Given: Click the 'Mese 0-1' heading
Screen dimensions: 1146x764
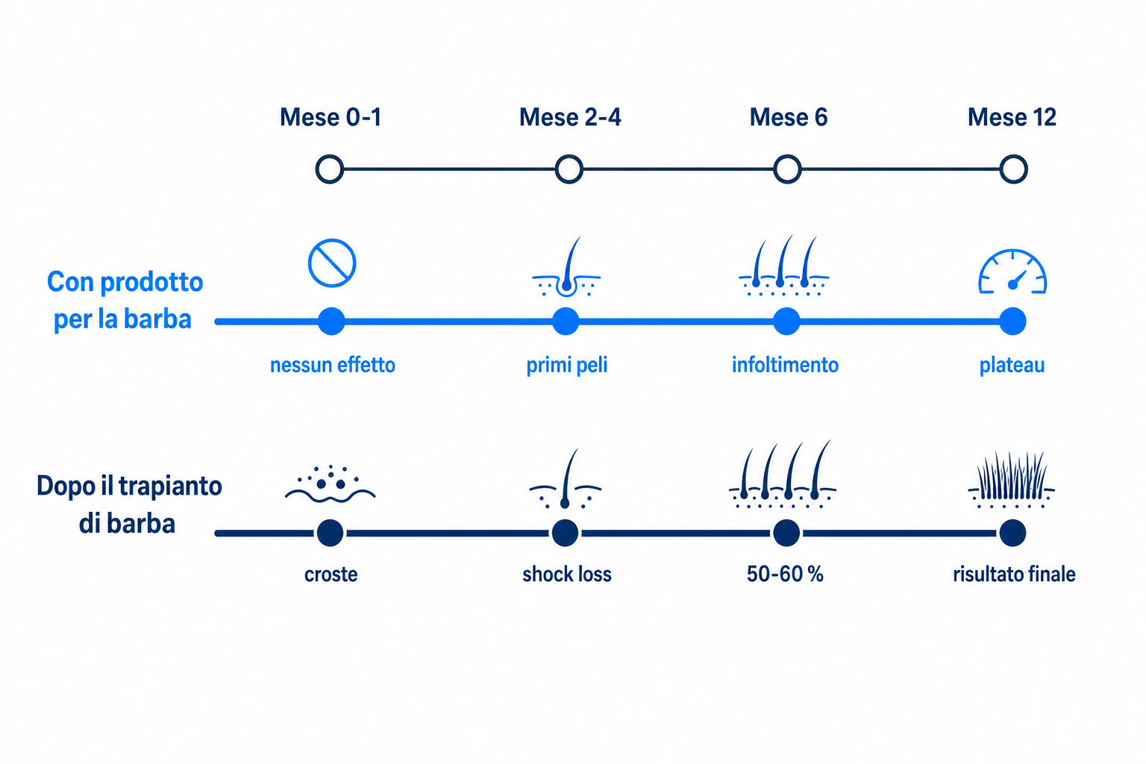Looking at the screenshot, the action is point(330,117).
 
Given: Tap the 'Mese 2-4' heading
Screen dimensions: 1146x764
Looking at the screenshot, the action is point(570,117).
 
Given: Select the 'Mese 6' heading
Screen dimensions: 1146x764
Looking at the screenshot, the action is point(789,117).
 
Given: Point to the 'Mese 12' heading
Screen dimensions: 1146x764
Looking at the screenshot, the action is point(1012,117).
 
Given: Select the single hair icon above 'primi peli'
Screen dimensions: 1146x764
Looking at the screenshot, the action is point(566,266).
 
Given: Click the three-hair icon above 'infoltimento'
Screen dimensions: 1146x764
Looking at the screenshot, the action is point(784,266).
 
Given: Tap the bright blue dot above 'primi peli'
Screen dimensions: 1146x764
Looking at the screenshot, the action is point(566,322).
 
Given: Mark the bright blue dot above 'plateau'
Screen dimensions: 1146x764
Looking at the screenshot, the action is point(1012,322).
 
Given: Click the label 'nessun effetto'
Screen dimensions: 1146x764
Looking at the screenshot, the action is point(333,366).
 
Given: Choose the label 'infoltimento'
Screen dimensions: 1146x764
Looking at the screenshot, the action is point(786,366).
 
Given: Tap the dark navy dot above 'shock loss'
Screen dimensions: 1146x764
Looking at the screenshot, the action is point(566,533).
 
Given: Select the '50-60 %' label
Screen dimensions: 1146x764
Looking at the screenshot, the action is point(786,574).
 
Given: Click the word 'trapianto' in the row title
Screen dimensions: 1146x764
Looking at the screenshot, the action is point(170,486).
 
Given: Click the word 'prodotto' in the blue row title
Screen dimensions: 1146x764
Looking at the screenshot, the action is point(152,283).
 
